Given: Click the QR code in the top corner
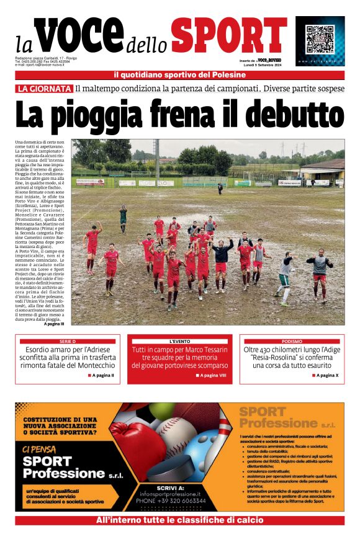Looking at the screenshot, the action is point(320,39).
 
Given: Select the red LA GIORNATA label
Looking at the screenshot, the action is point(44,89).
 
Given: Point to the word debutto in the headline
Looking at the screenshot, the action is point(292,117).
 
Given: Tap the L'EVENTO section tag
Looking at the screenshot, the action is point(179,342).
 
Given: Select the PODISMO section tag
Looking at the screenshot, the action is point(292,342).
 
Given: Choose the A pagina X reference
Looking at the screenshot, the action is point(326,375).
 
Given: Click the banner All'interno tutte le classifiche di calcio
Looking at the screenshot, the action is point(179,520).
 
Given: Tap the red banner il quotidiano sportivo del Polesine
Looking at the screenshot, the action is point(179,75).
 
